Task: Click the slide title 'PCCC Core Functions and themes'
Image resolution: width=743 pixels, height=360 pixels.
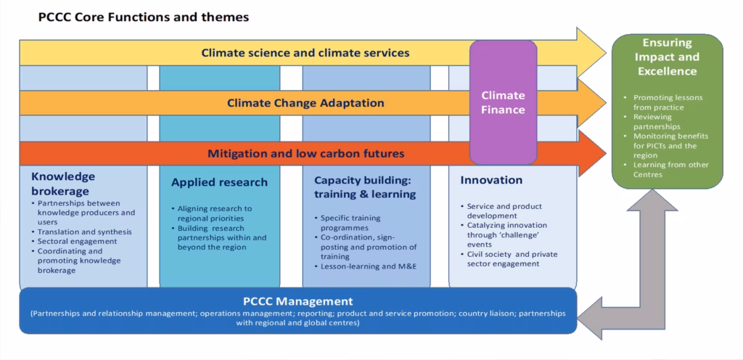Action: (143, 17)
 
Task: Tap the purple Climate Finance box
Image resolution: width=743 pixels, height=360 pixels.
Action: (504, 102)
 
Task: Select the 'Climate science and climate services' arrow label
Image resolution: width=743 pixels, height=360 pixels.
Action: (305, 52)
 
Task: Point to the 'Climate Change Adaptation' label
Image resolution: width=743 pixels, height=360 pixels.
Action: (305, 103)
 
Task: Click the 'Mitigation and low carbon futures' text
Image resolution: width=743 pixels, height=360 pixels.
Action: (305, 153)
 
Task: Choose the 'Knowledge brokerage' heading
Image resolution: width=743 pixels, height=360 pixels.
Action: (63, 184)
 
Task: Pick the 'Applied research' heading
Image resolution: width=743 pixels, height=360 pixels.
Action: (219, 182)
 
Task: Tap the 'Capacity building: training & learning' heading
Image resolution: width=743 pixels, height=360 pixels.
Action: (365, 187)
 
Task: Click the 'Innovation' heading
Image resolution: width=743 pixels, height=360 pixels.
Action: (491, 180)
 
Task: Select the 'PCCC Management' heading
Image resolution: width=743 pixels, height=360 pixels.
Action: (298, 301)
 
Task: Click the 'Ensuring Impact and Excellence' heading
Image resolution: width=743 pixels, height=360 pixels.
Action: (668, 57)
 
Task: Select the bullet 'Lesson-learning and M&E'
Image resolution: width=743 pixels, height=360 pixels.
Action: (364, 266)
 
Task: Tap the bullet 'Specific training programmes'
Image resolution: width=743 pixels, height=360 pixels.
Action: (348, 223)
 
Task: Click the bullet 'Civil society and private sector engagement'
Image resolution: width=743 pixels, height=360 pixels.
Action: (509, 259)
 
